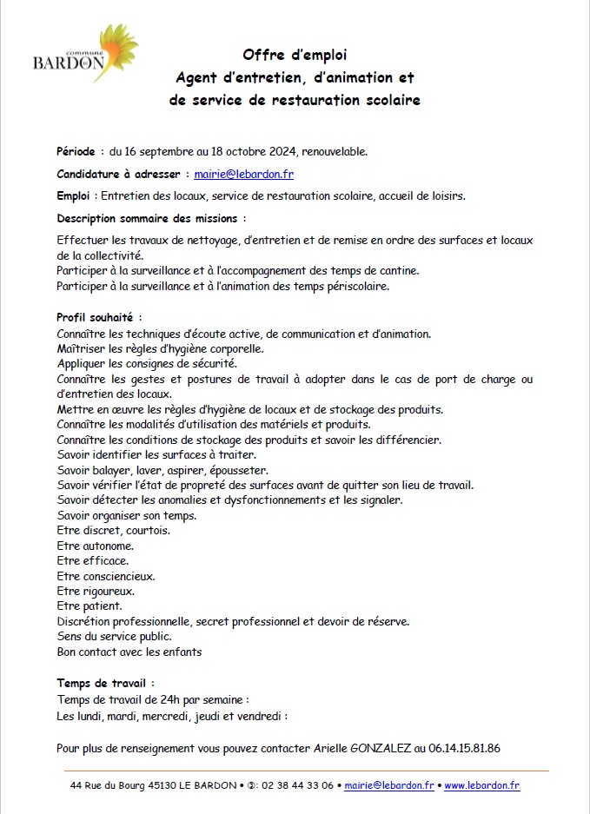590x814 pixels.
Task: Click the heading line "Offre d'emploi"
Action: (295, 56)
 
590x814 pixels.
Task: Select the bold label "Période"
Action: (76, 151)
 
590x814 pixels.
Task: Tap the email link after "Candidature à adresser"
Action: (243, 174)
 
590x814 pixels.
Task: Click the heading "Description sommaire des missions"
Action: (150, 218)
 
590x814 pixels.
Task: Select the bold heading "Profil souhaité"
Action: (99, 318)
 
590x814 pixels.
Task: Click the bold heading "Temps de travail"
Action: (105, 683)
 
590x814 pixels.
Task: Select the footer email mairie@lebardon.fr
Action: (388, 785)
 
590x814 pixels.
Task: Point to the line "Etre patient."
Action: (89, 606)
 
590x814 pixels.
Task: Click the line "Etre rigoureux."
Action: (96, 591)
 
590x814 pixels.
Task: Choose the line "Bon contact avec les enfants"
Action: (129, 652)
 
